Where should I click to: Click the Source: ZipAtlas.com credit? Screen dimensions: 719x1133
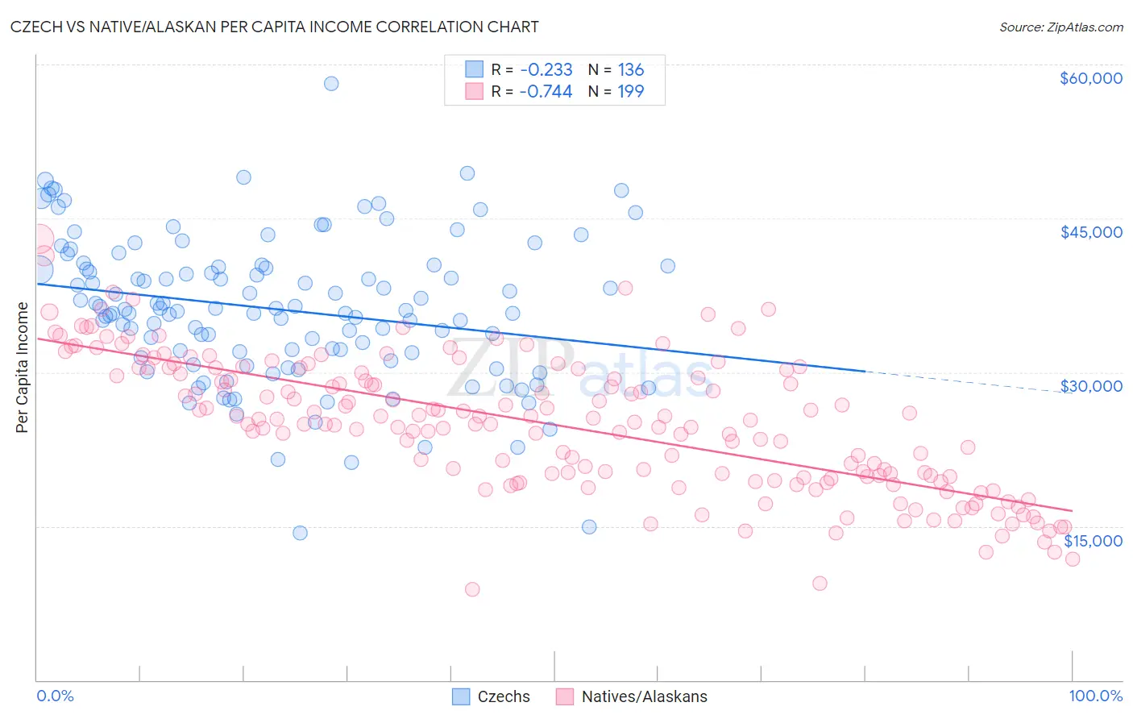coord(1060,27)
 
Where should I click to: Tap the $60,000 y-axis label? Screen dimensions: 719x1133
coord(1090,78)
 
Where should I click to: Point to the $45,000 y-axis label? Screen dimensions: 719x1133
coord(1090,232)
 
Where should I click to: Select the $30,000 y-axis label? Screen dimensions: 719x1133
coord(1090,386)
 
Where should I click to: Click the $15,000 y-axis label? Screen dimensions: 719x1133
coord(1092,540)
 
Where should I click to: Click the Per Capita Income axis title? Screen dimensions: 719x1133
coord(23,367)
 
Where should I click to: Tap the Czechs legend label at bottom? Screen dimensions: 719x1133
coord(504,696)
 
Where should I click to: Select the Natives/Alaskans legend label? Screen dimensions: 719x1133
coord(644,696)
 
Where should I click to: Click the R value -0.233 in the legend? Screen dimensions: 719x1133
coord(546,70)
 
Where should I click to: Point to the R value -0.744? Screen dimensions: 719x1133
coord(546,91)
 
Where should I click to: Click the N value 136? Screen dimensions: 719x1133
coord(630,70)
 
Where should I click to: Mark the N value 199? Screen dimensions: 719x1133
coord(630,91)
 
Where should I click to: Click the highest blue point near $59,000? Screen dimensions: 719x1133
coord(330,83)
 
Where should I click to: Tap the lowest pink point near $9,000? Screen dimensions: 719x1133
coord(472,589)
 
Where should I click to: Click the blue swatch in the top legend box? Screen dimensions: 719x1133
coord(475,69)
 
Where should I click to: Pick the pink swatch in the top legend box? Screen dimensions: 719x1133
coord(475,91)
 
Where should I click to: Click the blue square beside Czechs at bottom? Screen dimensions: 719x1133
coord(461,696)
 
